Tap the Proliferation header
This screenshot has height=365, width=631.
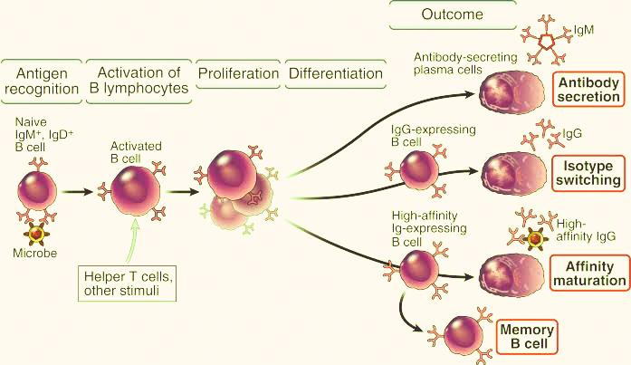238,72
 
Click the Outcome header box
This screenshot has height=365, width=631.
452,15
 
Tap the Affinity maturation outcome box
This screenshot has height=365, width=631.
588,273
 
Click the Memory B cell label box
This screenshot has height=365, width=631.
525,336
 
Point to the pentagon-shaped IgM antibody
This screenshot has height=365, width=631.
548,41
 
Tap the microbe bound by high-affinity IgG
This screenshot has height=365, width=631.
535,239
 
